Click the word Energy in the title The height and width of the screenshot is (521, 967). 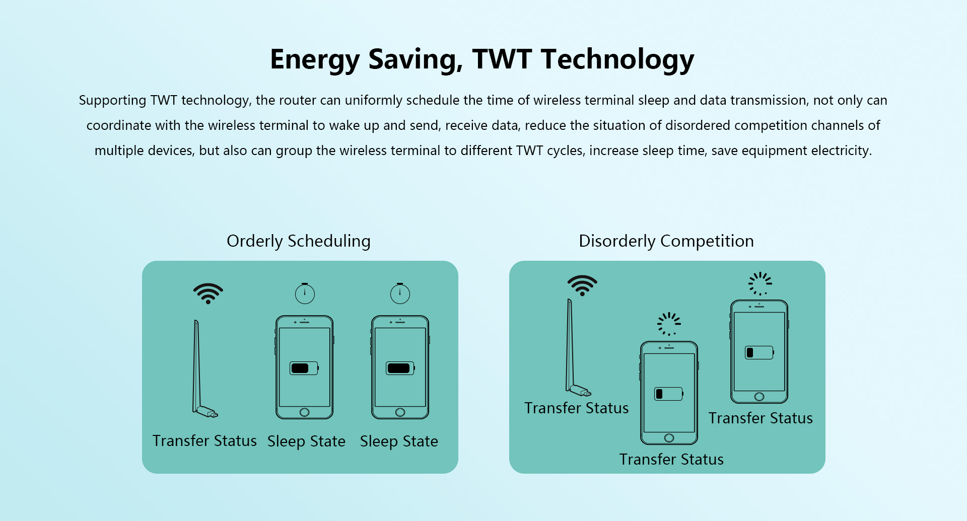coord(314,60)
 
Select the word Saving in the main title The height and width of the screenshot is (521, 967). coord(416,60)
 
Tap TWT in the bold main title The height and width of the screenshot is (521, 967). coord(502,59)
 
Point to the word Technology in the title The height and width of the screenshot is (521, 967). coord(617,60)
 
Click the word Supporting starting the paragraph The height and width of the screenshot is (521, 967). coord(112,101)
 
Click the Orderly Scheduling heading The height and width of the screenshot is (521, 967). coord(299,241)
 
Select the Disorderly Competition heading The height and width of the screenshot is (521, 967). coord(666,241)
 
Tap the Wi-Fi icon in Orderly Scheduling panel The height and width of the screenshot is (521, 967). coord(208,293)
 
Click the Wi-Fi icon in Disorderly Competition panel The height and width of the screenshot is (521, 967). coord(582,285)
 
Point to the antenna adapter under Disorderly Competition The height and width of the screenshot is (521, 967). coord(574,347)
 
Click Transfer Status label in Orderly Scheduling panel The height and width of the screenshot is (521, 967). coord(204,441)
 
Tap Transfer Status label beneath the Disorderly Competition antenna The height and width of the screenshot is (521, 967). coord(577,408)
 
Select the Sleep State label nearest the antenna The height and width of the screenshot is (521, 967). coord(306,441)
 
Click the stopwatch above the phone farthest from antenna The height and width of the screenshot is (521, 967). coord(400,293)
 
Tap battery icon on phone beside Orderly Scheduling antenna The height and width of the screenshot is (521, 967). coord(304,368)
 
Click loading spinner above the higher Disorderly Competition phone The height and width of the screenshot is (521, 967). coord(760,284)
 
